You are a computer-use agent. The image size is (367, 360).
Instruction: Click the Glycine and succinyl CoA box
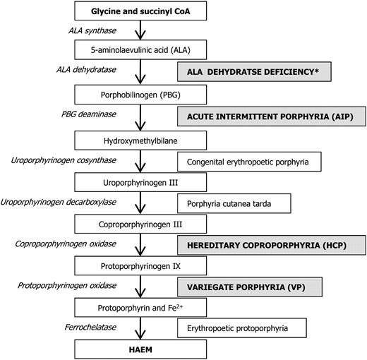tap(140, 11)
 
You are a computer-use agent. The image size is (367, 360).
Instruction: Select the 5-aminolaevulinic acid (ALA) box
tap(140, 49)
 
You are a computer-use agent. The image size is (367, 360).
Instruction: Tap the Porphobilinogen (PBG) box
tap(140, 95)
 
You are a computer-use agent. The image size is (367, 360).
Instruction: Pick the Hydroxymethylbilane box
tap(140, 140)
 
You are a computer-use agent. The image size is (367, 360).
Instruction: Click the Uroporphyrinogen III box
tap(140, 182)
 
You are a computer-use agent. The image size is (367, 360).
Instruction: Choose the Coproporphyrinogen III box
tap(140, 224)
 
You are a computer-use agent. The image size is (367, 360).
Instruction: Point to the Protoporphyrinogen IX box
tap(140, 266)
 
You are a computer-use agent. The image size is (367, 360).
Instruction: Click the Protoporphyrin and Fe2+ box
tap(140, 308)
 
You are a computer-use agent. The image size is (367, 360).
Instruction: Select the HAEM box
tap(140, 349)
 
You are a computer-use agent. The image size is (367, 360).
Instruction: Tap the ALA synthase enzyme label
tap(92, 30)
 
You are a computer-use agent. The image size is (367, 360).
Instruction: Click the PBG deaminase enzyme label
tap(89, 114)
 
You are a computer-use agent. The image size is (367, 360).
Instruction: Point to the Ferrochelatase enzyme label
tap(90, 327)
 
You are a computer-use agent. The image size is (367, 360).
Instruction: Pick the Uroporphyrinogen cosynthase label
tap(64, 160)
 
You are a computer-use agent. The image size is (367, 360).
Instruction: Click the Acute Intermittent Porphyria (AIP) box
tap(272, 116)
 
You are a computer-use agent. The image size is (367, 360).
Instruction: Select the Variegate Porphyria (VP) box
tap(250, 287)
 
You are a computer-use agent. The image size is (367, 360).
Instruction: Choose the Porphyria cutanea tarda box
tap(234, 203)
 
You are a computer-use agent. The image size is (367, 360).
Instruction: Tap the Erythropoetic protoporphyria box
tap(242, 328)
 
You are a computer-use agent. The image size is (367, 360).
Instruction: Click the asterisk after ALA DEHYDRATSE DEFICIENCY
tap(316, 71)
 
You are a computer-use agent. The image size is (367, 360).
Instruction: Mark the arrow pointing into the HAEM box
tap(140, 328)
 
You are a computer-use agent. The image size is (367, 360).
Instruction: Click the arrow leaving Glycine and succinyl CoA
tap(140, 30)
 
